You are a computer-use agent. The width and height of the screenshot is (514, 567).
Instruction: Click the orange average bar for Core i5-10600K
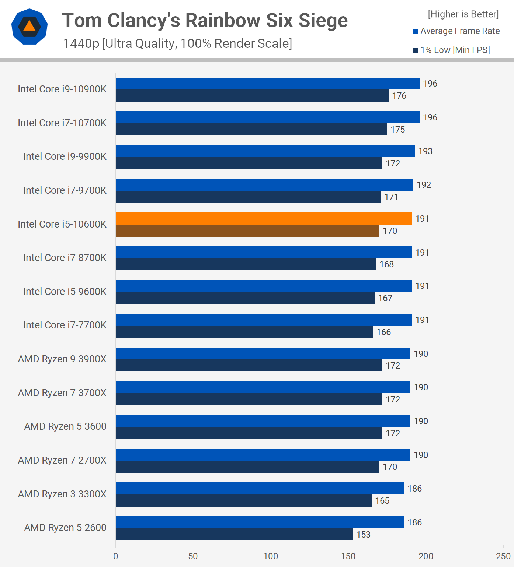tap(264, 219)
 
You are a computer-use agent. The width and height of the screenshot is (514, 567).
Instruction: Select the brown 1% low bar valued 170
tap(247, 231)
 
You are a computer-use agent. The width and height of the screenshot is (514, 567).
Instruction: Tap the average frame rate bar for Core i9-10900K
tap(267, 84)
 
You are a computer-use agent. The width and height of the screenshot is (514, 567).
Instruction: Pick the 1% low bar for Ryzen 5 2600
tap(234, 534)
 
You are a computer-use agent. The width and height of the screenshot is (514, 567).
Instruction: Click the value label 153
tap(363, 535)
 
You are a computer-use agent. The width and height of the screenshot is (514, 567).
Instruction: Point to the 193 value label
tap(425, 151)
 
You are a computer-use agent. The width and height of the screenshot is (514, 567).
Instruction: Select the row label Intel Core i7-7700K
tap(65, 325)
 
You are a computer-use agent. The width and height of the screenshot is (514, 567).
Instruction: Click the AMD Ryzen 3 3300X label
tap(62, 494)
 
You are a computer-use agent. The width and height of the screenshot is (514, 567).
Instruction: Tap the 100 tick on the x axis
tap(271, 556)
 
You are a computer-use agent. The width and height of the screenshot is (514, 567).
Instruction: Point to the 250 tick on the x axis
tap(503, 556)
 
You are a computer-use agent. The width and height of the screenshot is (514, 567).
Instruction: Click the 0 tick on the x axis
tap(116, 556)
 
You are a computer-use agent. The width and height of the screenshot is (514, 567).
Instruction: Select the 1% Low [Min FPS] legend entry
tap(452, 50)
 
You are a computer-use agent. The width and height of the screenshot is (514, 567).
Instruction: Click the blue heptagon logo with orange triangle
tap(29, 27)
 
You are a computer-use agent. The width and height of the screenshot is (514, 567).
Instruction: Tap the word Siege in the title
tap(323, 21)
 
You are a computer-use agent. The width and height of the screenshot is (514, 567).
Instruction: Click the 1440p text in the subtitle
tap(81, 43)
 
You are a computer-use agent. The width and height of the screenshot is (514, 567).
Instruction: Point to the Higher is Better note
tap(463, 14)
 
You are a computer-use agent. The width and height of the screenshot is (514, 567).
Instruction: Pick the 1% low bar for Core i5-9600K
tap(245, 298)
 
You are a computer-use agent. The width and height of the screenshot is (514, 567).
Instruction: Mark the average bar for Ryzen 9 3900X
tap(263, 353)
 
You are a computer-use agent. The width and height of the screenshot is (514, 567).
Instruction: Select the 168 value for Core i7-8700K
tap(386, 264)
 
